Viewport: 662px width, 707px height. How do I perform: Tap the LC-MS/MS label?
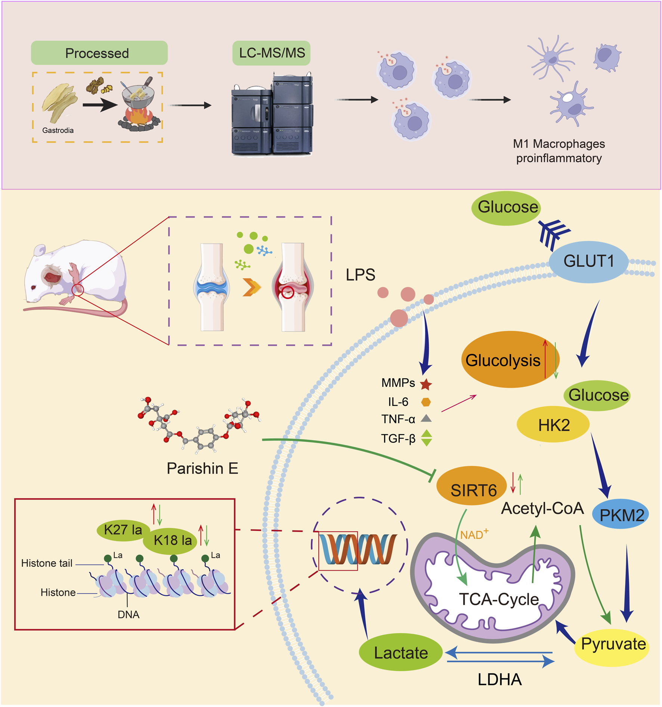pyautogui.click(x=272, y=53)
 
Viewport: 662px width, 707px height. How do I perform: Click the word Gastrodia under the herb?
pyautogui.click(x=58, y=130)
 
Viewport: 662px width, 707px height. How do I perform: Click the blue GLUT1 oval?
pyautogui.click(x=588, y=262)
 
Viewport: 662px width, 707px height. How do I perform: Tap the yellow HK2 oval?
pyautogui.click(x=553, y=425)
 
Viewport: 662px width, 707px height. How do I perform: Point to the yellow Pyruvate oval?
pyautogui.click(x=613, y=644)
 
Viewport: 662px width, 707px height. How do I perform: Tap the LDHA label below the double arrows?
pyautogui.click(x=499, y=680)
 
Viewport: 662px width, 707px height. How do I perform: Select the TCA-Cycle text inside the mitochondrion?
pyautogui.click(x=499, y=600)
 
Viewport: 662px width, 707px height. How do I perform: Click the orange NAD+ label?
pyautogui.click(x=474, y=535)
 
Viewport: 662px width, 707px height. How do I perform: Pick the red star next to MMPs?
pyautogui.click(x=426, y=384)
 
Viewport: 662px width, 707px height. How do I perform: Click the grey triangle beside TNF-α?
pyautogui.click(x=426, y=419)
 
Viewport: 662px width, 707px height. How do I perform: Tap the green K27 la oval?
pyautogui.click(x=123, y=530)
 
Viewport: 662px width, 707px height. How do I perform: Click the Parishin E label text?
pyautogui.click(x=202, y=468)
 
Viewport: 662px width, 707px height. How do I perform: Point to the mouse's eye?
pyautogui.click(x=34, y=287)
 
